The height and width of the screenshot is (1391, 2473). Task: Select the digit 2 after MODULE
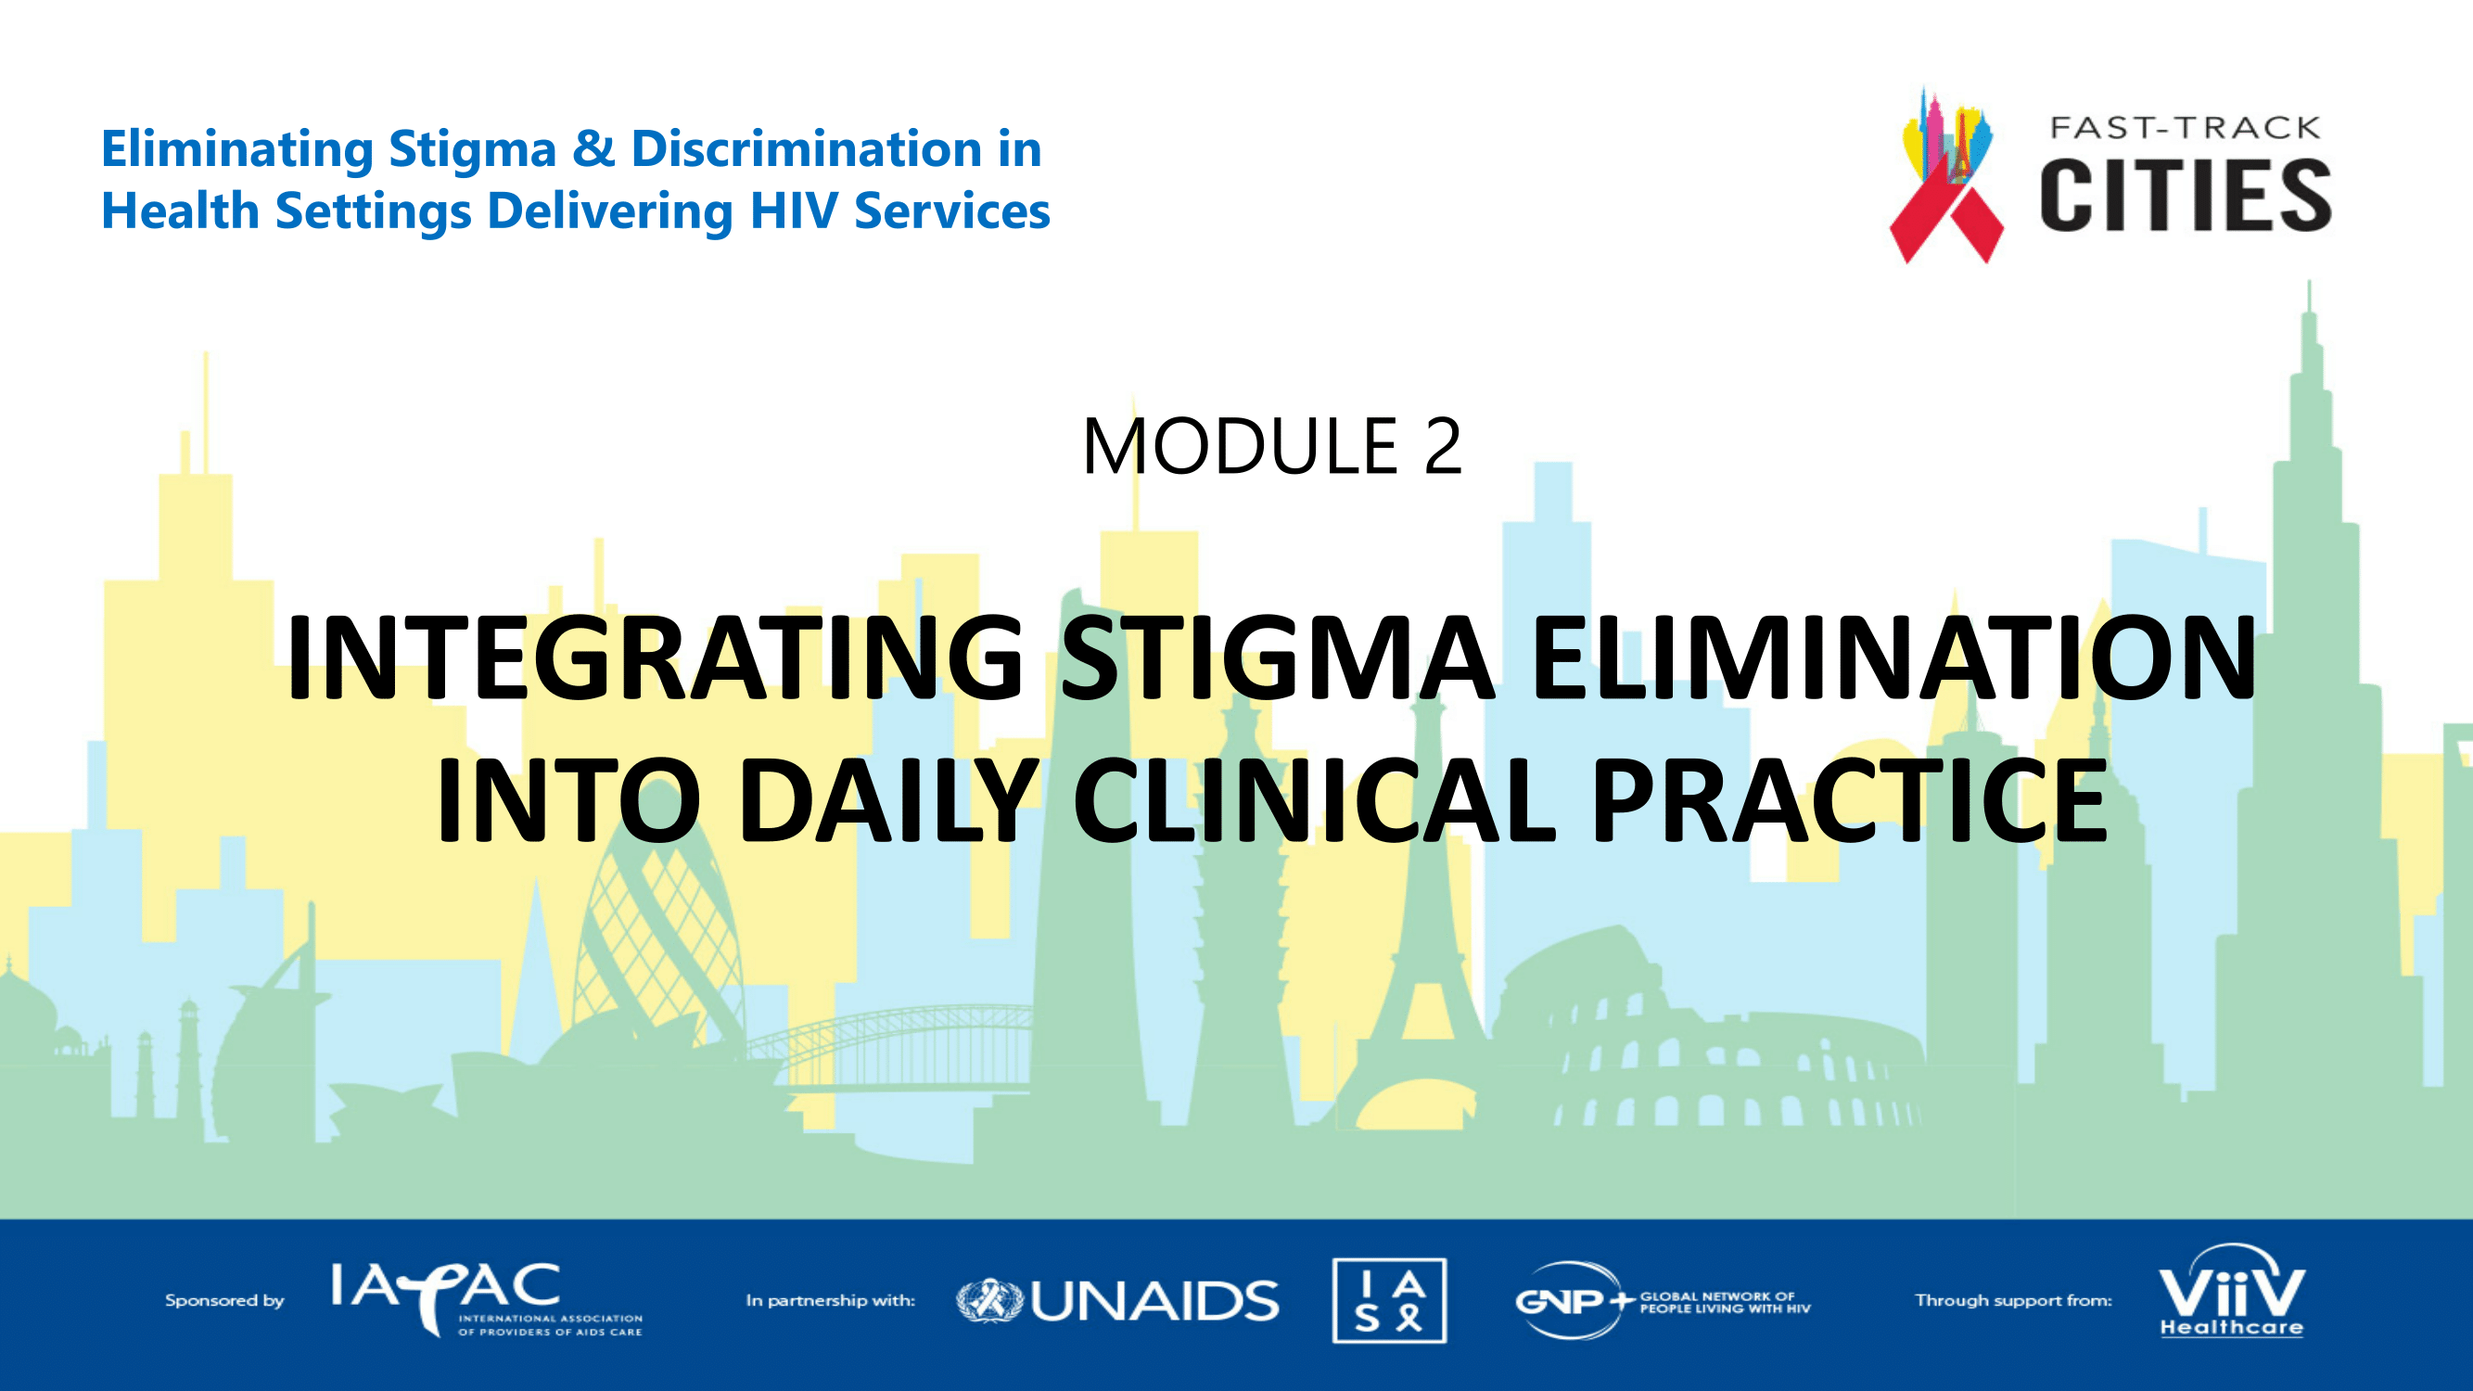pos(1443,446)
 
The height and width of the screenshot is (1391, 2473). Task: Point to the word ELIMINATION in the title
pos(1893,657)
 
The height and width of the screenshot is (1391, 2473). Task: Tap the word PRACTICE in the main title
pos(1849,799)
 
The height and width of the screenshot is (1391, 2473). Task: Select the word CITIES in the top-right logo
pos(2186,196)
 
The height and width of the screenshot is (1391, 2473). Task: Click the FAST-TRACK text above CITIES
pos(2185,128)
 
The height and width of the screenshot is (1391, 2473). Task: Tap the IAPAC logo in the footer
pos(486,1299)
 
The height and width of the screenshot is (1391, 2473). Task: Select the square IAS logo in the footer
pos(1389,1300)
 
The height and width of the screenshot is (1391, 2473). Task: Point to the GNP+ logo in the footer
pos(1662,1301)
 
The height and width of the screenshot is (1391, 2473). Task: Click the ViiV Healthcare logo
pos(2231,1292)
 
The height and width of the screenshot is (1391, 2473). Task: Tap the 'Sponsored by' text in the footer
pos(224,1301)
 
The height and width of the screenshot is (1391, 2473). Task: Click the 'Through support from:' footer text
pos(2013,1301)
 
